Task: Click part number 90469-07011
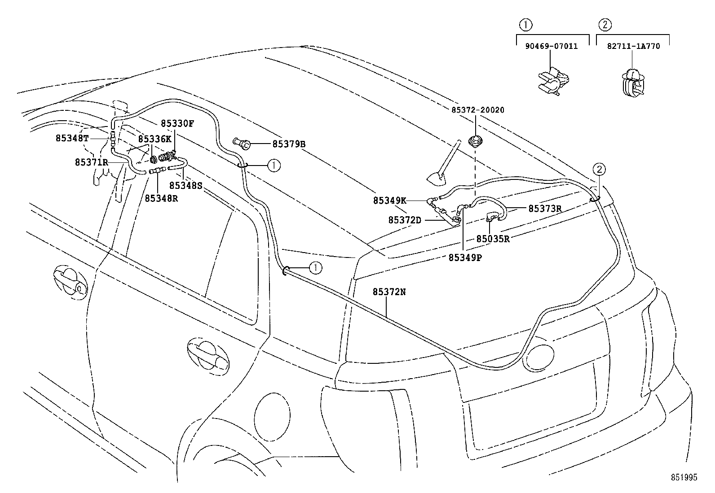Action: pos(551,46)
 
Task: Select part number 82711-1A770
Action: pos(634,46)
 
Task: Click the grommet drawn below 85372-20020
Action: pos(475,141)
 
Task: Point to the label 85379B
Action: pos(289,144)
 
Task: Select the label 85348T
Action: pos(72,138)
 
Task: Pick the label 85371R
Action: pos(92,162)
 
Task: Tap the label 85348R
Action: pos(161,197)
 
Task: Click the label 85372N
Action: pos(389,292)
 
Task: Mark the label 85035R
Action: pos(493,239)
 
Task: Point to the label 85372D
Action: pos(405,220)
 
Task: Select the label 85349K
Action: pos(389,201)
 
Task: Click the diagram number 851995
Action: pos(685,478)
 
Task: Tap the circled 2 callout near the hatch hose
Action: pos(600,169)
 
